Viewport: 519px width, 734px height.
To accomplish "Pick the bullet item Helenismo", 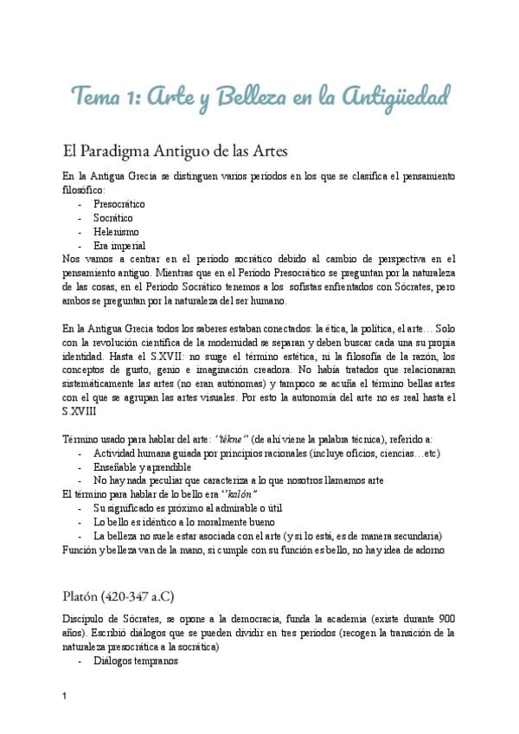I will [117, 231].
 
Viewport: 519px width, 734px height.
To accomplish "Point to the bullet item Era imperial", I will [119, 245].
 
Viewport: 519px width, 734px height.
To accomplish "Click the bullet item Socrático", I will [112, 217].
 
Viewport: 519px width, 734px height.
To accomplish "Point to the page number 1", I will [65, 698].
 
